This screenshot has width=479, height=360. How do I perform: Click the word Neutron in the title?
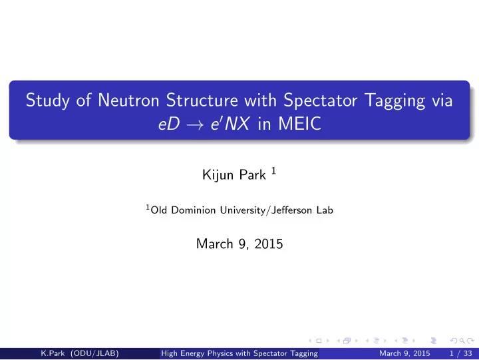pos(128,100)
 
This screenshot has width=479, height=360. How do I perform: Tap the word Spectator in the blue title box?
pos(320,100)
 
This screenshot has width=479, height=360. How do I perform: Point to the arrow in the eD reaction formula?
pos(194,124)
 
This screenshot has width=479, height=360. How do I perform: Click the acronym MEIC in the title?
pos(299,124)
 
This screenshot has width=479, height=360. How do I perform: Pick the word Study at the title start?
pos(47,100)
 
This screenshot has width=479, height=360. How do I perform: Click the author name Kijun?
pos(217,175)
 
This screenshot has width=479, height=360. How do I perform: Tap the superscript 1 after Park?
pos(273,171)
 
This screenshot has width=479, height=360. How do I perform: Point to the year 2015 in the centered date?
pos(269,244)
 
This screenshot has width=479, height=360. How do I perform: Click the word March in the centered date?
pos(214,244)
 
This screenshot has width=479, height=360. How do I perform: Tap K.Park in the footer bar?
pos(53,353)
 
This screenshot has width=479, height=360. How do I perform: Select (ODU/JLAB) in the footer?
pos(94,353)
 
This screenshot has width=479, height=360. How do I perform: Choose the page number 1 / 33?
pos(460,353)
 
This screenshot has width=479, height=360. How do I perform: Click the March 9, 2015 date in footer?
pos(404,353)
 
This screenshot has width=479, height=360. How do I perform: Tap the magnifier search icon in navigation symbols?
pos(462,341)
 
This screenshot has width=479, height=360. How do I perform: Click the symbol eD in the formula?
pos(169,124)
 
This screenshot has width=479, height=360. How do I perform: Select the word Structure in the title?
pos(202,100)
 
